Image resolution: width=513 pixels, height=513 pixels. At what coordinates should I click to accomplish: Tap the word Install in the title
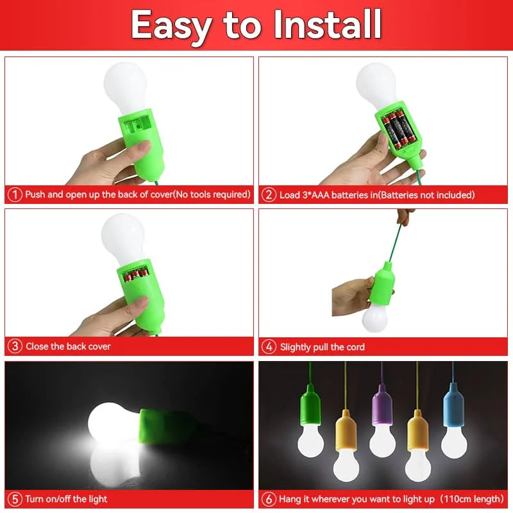[x=327, y=26]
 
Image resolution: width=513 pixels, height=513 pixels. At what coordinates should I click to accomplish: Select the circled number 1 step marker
[x=15, y=194]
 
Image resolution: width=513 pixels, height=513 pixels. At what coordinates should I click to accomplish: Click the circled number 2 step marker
[x=269, y=194]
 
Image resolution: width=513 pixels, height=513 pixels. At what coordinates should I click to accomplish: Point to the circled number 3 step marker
[x=15, y=346]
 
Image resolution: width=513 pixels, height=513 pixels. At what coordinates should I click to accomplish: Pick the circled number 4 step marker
[x=269, y=347]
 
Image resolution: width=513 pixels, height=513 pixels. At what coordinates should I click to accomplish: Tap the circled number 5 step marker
[x=15, y=498]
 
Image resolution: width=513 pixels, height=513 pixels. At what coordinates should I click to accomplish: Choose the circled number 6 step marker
[x=269, y=498]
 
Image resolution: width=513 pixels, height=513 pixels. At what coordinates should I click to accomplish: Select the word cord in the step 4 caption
[x=355, y=347]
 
